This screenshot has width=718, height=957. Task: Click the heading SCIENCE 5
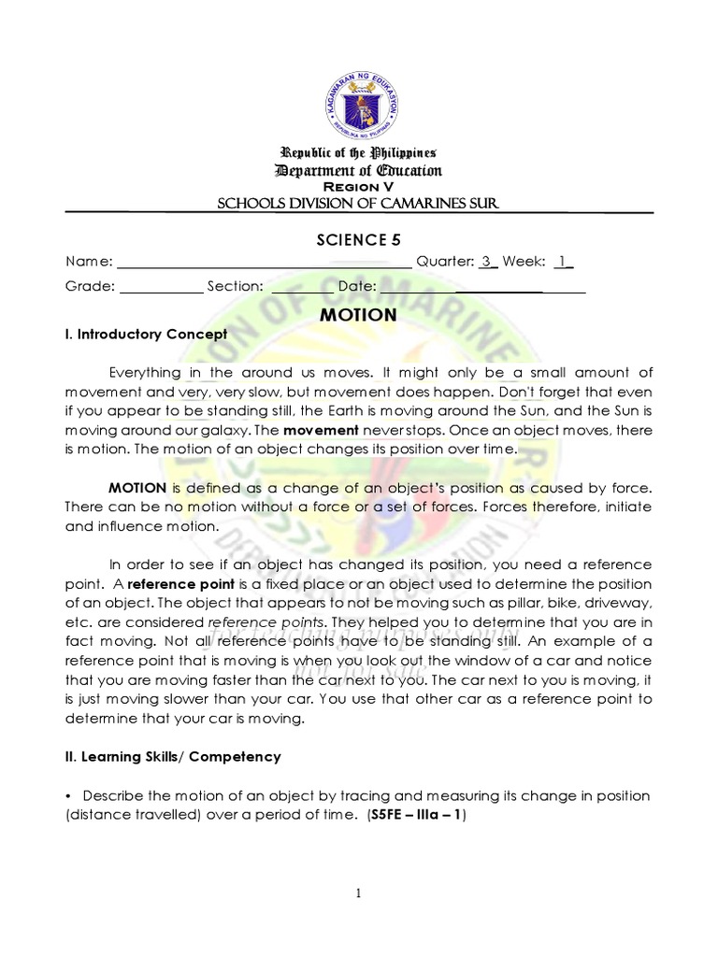tap(359, 238)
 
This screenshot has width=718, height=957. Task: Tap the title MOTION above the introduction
tap(358, 315)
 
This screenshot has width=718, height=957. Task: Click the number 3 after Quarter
tap(486, 262)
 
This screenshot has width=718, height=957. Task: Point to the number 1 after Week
tap(562, 262)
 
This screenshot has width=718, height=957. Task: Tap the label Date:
tap(357, 286)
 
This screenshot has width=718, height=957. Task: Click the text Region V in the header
tap(358, 185)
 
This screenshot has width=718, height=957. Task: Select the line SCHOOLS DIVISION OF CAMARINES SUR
tap(358, 204)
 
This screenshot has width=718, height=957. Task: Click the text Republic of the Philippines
tap(358, 152)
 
